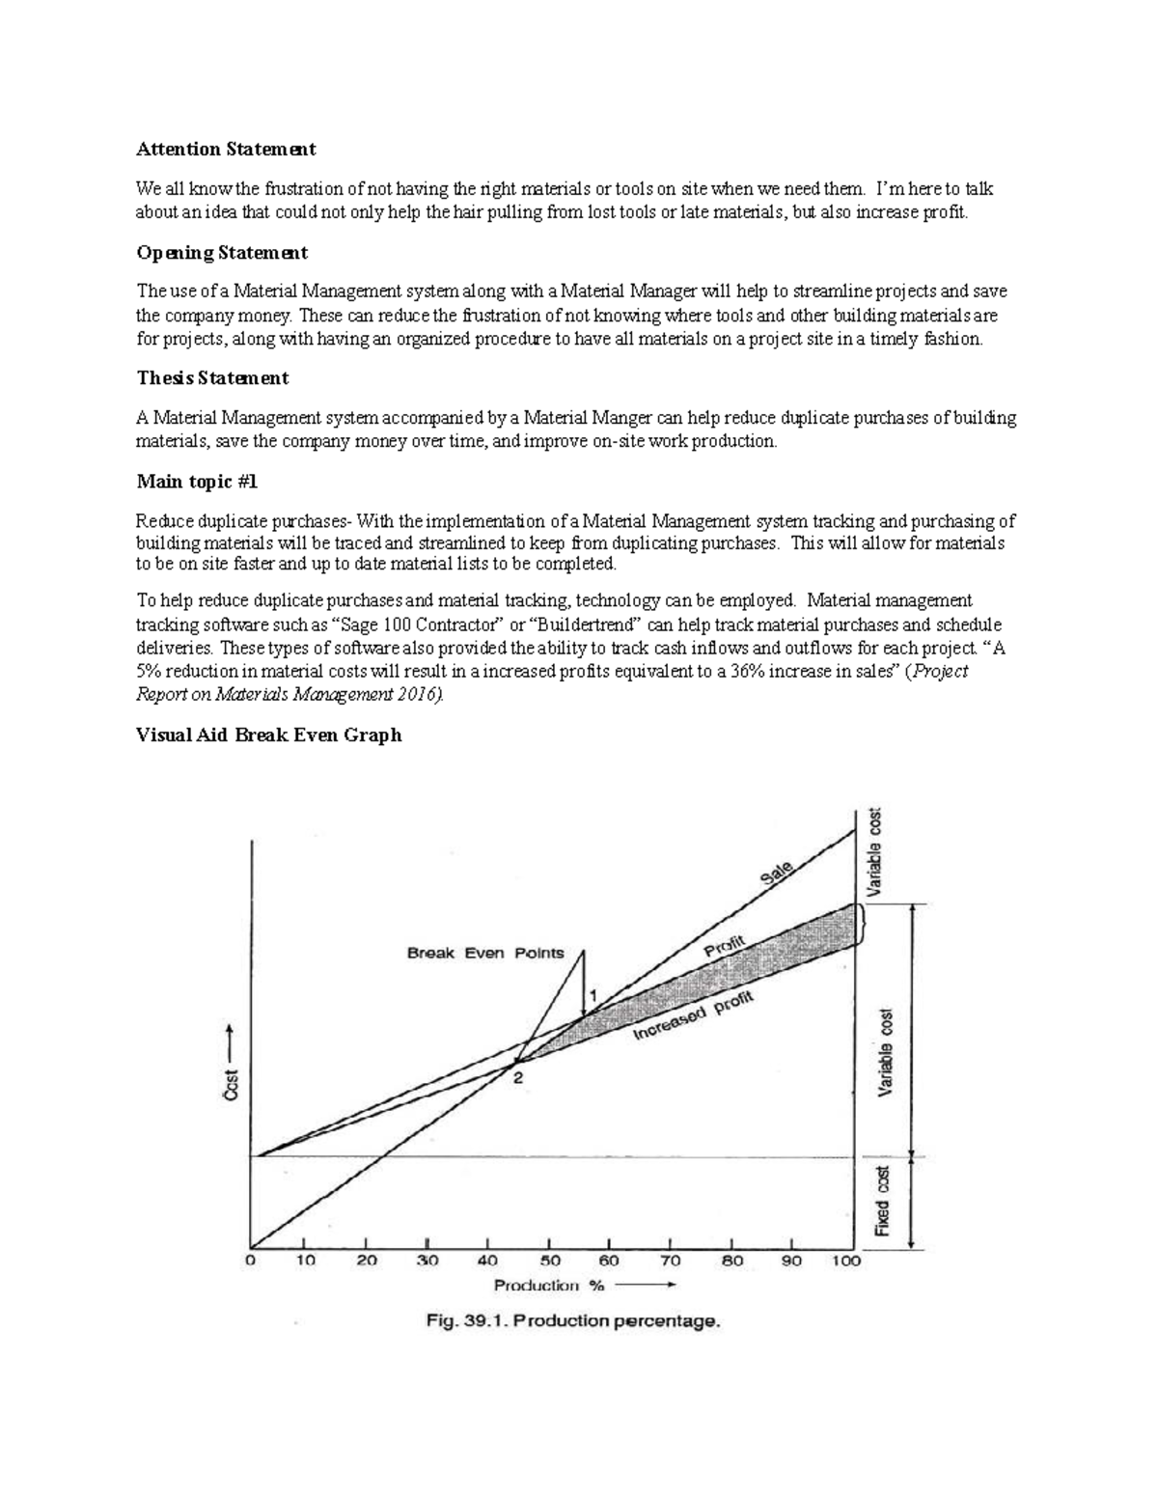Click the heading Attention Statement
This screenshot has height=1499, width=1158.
[226, 150]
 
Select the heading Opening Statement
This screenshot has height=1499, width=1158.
[222, 253]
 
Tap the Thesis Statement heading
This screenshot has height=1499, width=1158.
[212, 378]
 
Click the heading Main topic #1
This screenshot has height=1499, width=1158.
[198, 481]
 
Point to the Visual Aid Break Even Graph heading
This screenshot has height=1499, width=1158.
[268, 736]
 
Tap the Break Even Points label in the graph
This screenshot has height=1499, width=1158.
[485, 954]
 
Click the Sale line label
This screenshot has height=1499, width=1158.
[777, 874]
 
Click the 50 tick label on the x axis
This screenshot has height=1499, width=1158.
[549, 1261]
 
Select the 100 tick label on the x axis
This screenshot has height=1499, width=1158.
[846, 1261]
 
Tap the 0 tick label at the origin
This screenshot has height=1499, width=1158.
[251, 1261]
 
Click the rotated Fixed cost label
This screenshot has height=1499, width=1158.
[882, 1202]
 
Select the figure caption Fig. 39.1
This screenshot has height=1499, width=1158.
[573, 1322]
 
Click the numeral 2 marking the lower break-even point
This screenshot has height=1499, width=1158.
[518, 1079]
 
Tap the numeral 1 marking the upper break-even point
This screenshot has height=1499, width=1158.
[594, 994]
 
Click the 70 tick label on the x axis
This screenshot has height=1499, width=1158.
[670, 1261]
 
